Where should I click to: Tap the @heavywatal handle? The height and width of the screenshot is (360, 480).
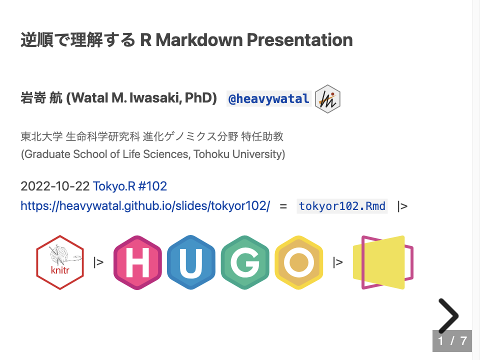tap(268, 99)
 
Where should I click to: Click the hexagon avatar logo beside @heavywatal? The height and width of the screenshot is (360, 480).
tap(328, 99)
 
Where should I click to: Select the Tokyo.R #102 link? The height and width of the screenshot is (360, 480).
tap(129, 186)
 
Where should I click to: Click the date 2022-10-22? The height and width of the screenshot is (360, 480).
tap(55, 186)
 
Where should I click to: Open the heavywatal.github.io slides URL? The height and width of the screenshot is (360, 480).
tap(145, 206)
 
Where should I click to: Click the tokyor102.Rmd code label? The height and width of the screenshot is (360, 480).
tap(342, 206)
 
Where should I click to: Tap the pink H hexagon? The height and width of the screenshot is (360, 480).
tap(138, 262)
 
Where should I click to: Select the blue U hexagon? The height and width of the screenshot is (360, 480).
tap(191, 262)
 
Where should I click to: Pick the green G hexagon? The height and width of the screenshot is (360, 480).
tap(245, 262)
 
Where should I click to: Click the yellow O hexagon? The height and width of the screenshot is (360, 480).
tap(298, 262)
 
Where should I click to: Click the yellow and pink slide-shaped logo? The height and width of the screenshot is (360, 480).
tap(383, 262)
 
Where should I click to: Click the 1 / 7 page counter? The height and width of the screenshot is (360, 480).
tap(452, 341)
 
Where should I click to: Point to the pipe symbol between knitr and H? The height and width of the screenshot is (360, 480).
tap(98, 261)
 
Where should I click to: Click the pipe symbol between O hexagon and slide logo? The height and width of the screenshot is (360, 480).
tap(338, 261)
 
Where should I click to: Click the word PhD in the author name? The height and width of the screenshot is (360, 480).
tap(200, 98)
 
